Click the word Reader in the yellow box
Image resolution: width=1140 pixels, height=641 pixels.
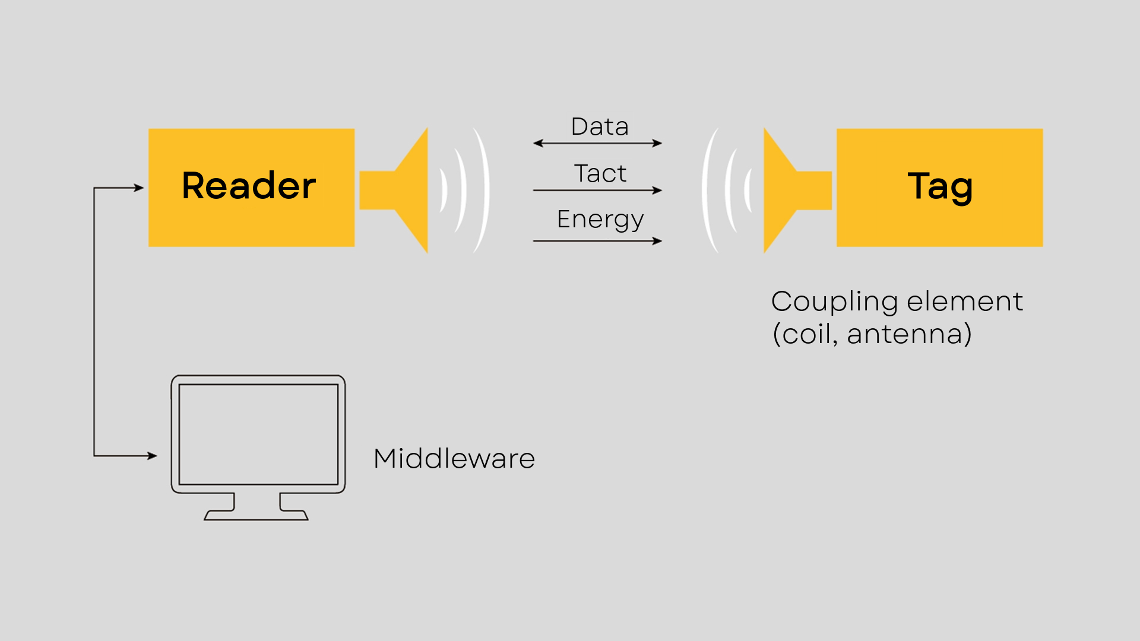pyautogui.click(x=249, y=186)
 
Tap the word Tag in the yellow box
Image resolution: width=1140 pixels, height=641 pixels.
pyautogui.click(x=940, y=187)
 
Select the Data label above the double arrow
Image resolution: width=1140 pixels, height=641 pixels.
pyautogui.click(x=600, y=126)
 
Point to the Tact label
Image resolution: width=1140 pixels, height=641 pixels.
pyautogui.click(x=600, y=173)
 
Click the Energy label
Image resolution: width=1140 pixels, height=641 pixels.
pyautogui.click(x=600, y=220)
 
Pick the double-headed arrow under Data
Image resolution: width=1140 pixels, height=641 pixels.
pyautogui.click(x=597, y=143)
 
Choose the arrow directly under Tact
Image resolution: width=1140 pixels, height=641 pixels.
pyautogui.click(x=597, y=191)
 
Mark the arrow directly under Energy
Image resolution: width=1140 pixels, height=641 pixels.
pyautogui.click(x=597, y=241)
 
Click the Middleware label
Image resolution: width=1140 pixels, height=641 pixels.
pyautogui.click(x=454, y=459)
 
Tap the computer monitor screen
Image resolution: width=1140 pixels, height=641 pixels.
pyautogui.click(x=258, y=434)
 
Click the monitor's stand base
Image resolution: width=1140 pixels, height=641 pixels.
pyautogui.click(x=256, y=515)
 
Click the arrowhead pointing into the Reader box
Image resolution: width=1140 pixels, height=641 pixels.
pyautogui.click(x=139, y=188)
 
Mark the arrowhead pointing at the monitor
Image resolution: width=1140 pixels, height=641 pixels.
pyautogui.click(x=152, y=456)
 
